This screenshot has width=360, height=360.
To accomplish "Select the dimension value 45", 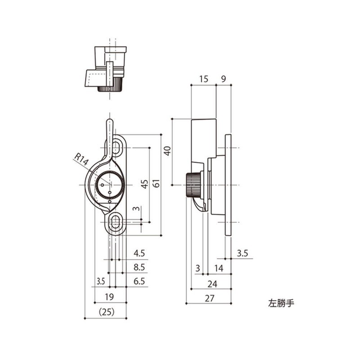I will [144, 184].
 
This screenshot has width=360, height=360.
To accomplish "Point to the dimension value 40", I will [167, 150].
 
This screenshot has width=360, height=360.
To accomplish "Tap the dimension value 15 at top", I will [203, 79].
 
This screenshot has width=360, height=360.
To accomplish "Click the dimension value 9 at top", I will [224, 79].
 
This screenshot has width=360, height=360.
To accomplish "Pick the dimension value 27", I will [209, 297].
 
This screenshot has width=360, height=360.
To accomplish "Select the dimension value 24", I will [211, 283].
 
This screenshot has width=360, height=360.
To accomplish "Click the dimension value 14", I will [219, 268].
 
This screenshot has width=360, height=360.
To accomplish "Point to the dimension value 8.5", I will [139, 267].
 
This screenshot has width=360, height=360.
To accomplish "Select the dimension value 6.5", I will [139, 282].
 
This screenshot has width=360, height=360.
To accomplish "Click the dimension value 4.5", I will [139, 253].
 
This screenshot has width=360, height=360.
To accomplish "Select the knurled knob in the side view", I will [193, 185].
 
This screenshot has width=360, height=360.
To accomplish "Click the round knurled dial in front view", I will [109, 185].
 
